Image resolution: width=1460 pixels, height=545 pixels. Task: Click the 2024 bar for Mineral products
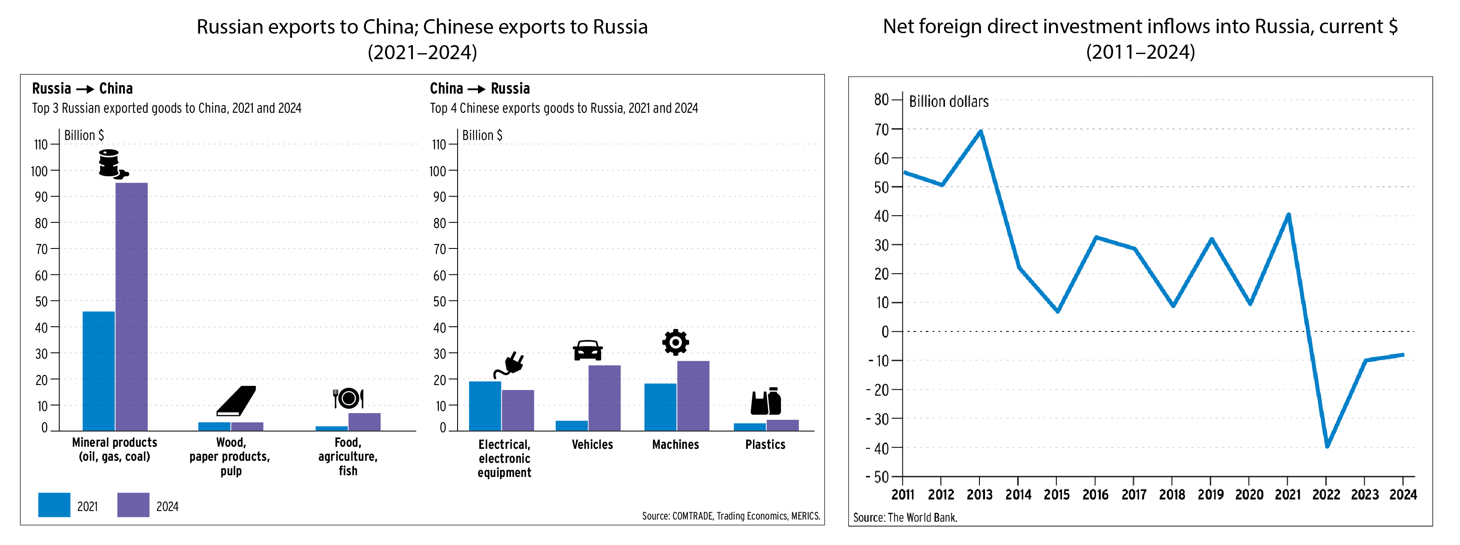[132, 306]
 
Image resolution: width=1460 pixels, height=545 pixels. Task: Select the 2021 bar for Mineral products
[99, 371]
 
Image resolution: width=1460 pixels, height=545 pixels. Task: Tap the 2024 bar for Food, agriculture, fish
[364, 422]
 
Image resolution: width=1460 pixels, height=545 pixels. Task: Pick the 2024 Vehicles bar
[604, 398]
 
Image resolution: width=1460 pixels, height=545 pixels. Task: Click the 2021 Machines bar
[660, 407]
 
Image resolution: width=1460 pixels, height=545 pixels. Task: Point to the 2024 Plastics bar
[783, 425]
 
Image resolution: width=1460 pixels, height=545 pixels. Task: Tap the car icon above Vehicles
[588, 350]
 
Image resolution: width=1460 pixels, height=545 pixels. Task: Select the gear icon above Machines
[676, 342]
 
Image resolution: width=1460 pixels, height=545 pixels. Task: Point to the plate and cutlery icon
[348, 398]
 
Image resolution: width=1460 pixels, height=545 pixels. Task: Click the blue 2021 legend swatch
[54, 505]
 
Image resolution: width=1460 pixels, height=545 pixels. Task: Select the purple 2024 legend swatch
[133, 505]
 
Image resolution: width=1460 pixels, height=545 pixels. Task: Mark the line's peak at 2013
[981, 131]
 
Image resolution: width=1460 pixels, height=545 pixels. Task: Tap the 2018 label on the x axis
[1172, 494]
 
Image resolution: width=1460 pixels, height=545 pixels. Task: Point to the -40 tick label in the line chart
[877, 448]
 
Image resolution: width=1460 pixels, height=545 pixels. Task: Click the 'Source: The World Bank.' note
[905, 517]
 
